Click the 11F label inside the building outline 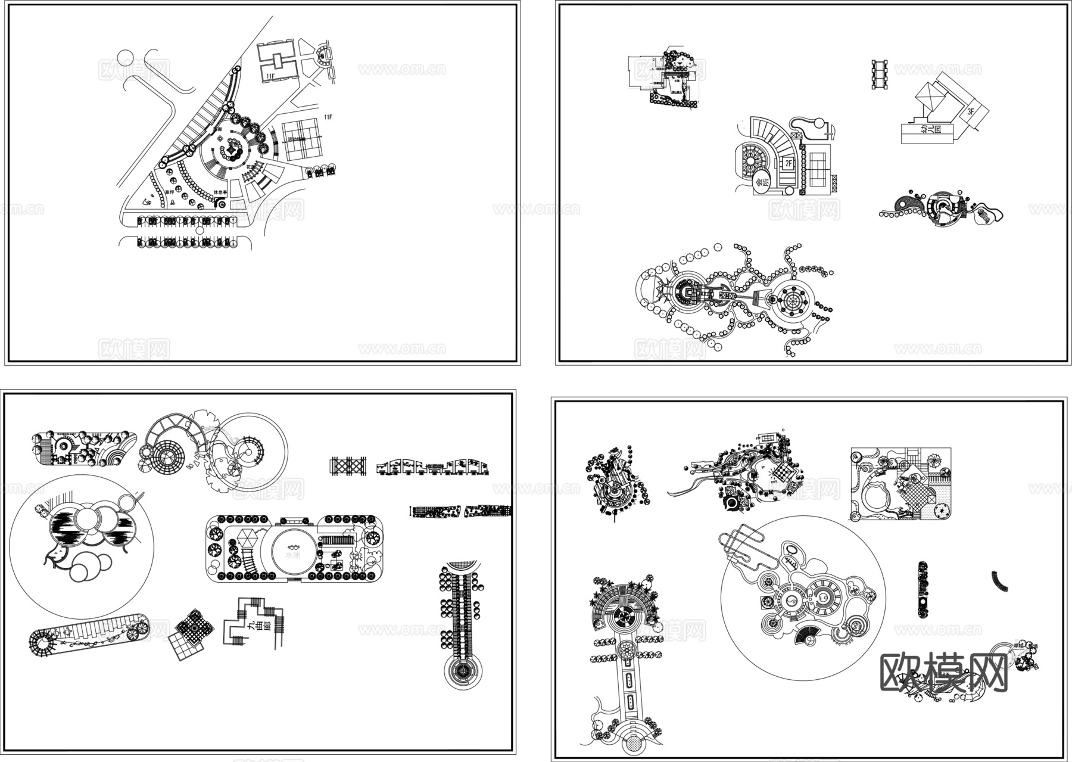[270, 76]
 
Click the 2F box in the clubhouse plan [788, 163]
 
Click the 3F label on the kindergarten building [971, 111]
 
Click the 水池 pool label [292, 555]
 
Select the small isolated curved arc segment [1000, 581]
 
